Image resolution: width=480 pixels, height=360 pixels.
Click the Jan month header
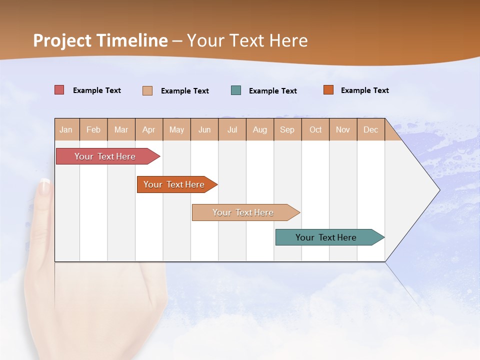66,129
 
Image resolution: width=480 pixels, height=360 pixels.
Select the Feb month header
93,129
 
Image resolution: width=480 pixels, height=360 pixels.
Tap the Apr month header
149,129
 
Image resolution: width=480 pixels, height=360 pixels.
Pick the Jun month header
204,129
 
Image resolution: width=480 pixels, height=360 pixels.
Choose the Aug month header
260,129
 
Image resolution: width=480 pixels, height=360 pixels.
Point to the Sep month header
287,129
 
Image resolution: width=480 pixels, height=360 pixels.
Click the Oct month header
315,129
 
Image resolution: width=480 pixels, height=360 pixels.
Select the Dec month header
371,129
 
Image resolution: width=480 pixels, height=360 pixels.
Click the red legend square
59,90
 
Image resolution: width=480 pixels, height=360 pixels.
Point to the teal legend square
236,90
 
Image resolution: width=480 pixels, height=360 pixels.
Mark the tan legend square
147,90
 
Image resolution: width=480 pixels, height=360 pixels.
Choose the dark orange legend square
328,90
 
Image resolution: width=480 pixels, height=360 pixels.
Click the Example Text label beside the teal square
273,91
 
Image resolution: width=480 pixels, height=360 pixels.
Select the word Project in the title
62,40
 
